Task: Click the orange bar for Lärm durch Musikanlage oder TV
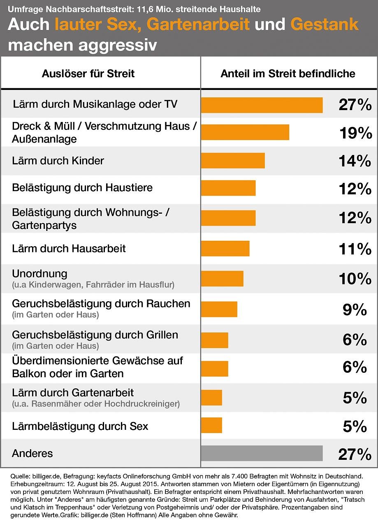click(262, 105)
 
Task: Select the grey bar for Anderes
click(262, 453)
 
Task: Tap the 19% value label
click(355, 133)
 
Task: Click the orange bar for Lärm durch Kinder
click(233, 161)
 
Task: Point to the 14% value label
click(355, 161)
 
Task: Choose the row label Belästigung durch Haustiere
click(82, 188)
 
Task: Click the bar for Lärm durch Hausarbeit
click(225, 249)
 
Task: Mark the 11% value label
click(355, 249)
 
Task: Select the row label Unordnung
click(39, 274)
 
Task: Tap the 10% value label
click(355, 279)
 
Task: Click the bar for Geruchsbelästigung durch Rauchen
click(219, 309)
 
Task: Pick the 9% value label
click(355, 309)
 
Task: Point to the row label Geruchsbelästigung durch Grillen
click(95, 335)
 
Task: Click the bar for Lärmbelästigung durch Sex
click(211, 425)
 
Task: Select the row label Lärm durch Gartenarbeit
click(73, 393)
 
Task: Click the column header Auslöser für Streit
click(88, 74)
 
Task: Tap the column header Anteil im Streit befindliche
click(288, 74)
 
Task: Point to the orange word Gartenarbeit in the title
click(198, 25)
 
